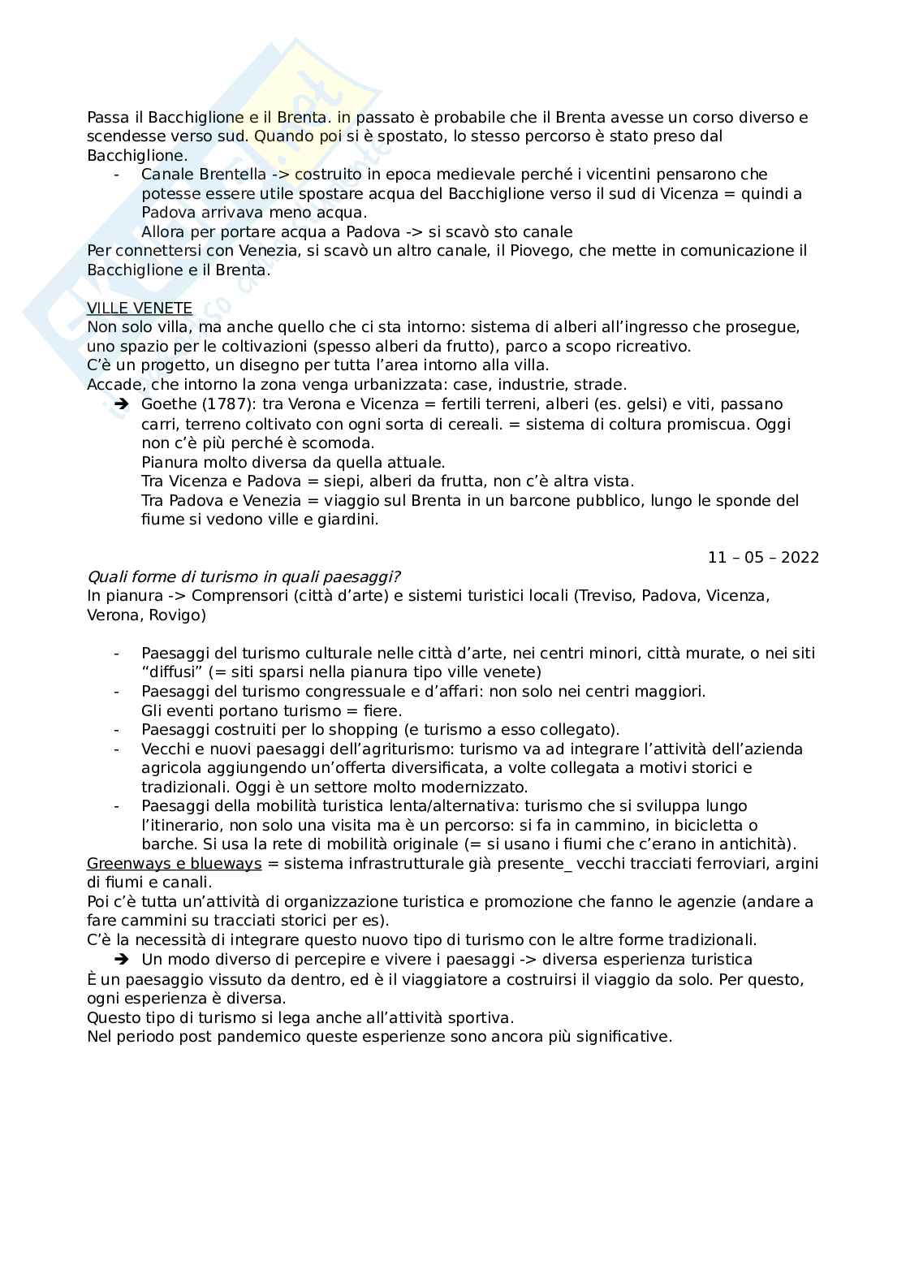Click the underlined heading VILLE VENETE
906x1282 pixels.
click(x=139, y=309)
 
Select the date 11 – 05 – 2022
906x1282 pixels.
click(x=763, y=558)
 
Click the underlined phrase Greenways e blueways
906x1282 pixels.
click(x=174, y=864)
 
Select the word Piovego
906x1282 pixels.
click(x=543, y=251)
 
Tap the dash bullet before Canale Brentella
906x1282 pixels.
click(x=117, y=175)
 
